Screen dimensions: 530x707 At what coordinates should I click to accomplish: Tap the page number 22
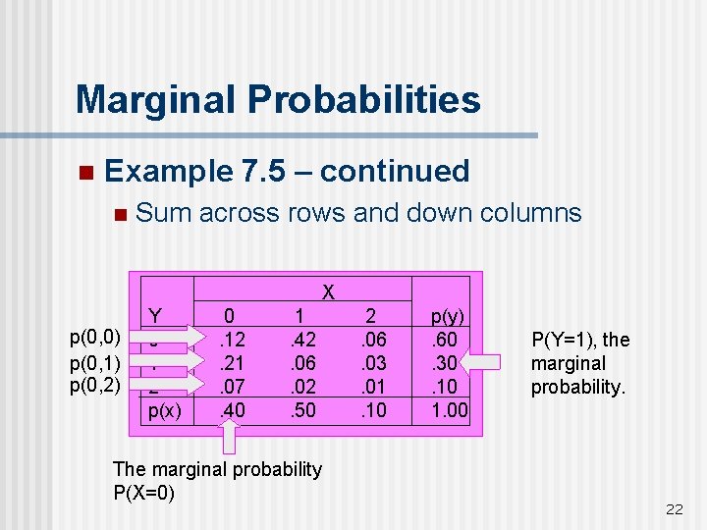(674, 508)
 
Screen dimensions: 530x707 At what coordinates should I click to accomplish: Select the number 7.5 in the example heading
(263, 171)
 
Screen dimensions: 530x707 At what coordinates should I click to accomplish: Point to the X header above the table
(330, 292)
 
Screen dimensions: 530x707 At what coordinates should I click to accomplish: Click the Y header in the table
(154, 316)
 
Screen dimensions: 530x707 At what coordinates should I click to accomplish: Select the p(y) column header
(448, 316)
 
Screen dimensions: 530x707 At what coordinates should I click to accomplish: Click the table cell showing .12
(231, 339)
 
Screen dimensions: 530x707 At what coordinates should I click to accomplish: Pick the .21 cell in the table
(231, 361)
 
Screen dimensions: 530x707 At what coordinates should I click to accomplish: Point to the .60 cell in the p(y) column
(448, 339)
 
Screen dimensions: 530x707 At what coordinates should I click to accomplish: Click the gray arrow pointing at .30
(496, 362)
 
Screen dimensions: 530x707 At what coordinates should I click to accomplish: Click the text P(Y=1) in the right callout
(563, 341)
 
